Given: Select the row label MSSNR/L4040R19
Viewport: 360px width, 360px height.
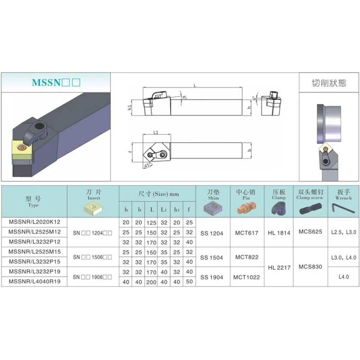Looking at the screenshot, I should coord(34,282).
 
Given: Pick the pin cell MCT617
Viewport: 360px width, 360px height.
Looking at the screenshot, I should coord(247,233).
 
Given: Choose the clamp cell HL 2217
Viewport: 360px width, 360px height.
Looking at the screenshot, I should coord(279,267).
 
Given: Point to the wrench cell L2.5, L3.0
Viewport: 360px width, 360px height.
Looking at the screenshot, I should coord(343,233).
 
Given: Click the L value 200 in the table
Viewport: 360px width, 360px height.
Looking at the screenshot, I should coord(151,282).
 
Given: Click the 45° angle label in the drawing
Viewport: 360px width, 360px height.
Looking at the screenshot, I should coord(147,166).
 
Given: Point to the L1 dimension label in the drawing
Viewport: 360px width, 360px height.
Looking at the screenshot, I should coord(156,133).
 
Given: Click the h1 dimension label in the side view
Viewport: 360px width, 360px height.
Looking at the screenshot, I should coord(130,107).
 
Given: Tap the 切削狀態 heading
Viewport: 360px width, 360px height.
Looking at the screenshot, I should coord(329,83).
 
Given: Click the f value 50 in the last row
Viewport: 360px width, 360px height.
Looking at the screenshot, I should coord(189,282).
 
